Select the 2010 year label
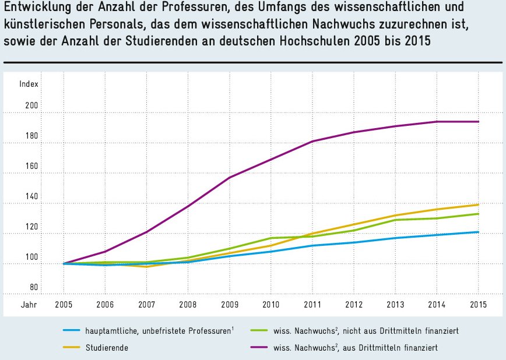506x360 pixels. [x=270, y=305]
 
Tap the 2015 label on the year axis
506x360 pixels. [x=478, y=305]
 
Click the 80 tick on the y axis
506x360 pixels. [x=33, y=288]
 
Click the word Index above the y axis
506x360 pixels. [x=29, y=84]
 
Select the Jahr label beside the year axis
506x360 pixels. [x=29, y=305]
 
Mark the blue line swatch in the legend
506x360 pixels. [x=75, y=331]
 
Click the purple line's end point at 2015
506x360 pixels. [x=478, y=122]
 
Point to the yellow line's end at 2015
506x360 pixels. [x=478, y=204]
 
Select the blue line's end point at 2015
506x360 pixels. [x=478, y=232]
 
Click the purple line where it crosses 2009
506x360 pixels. [x=229, y=177]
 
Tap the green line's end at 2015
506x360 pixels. [x=478, y=214]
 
